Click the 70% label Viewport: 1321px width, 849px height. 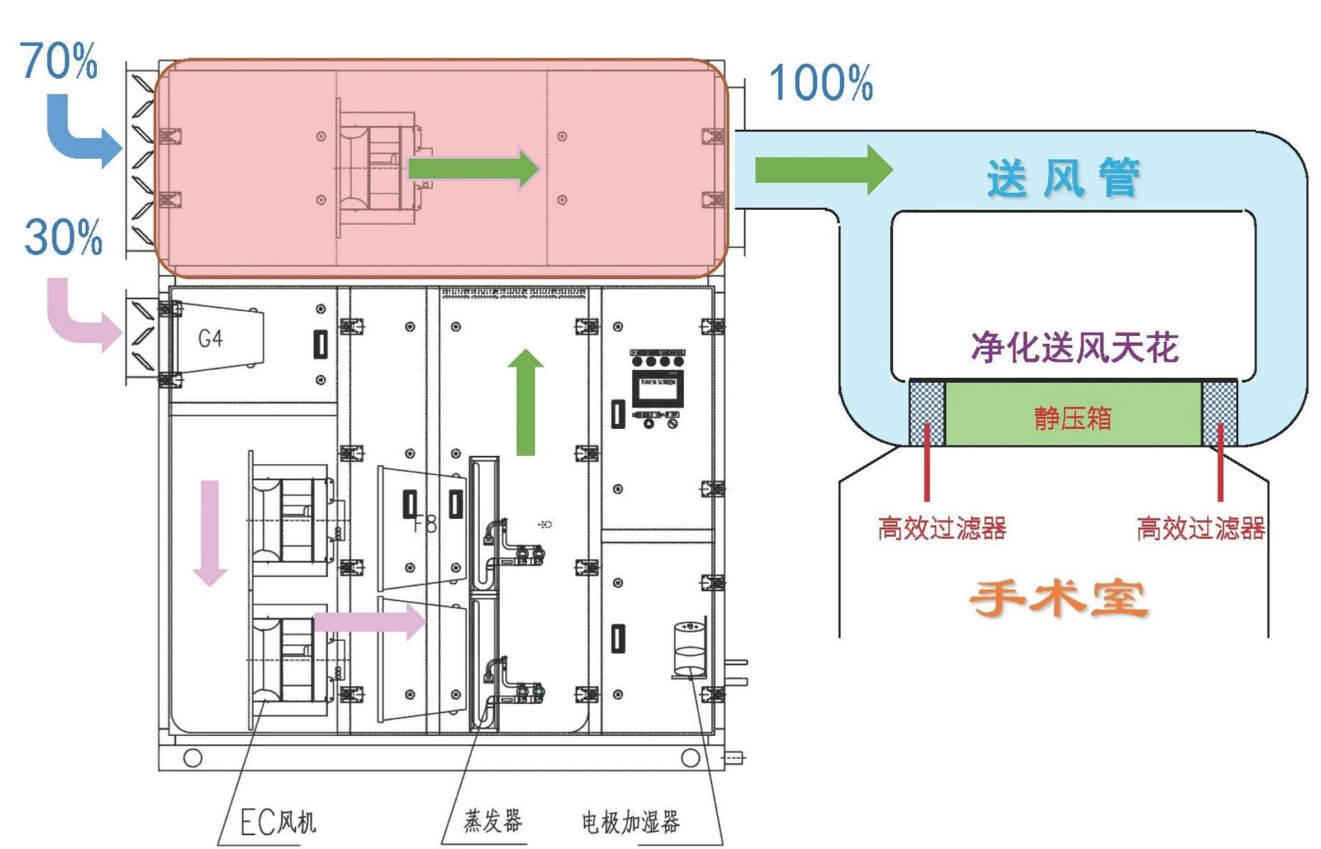pos(59,61)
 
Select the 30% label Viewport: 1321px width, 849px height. pos(63,237)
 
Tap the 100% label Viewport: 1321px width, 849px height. pos(820,83)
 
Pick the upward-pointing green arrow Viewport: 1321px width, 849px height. pos(525,402)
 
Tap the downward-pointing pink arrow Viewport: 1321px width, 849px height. pos(210,532)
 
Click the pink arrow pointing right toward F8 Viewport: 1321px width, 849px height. pos(369,622)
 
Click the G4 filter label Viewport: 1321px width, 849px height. pos(211,338)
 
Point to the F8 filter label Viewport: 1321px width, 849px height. pos(425,523)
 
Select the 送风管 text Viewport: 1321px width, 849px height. pos(1064,177)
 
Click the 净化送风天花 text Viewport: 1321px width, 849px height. pos(1074,347)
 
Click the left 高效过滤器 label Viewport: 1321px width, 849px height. pos(942,528)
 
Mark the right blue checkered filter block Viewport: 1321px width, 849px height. pos(1220,414)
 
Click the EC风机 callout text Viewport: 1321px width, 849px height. pos(278,823)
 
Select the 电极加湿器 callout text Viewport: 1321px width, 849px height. pos(630,822)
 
